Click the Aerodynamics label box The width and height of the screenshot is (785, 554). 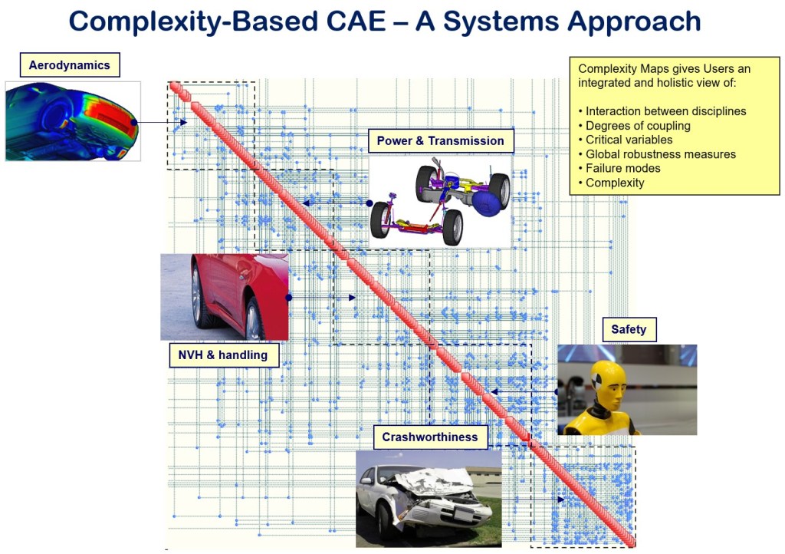coord(70,64)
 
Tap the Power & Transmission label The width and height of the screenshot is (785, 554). coord(441,140)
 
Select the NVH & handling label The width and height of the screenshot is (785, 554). coord(223,355)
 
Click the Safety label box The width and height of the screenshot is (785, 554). coord(629,330)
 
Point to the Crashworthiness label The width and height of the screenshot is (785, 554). coord(430,437)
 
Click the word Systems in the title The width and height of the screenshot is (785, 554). coord(501,22)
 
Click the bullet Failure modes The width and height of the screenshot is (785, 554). coord(619,168)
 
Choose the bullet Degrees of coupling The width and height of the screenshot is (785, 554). coord(634,126)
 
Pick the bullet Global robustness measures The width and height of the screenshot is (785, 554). coord(657,154)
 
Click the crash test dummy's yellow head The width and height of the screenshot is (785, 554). coord(608,380)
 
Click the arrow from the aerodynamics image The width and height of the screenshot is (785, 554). coord(160,122)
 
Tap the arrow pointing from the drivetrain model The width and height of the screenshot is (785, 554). coord(337,203)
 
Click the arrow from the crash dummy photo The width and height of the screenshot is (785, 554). coord(524,391)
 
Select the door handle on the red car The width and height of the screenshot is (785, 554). coord(244,275)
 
